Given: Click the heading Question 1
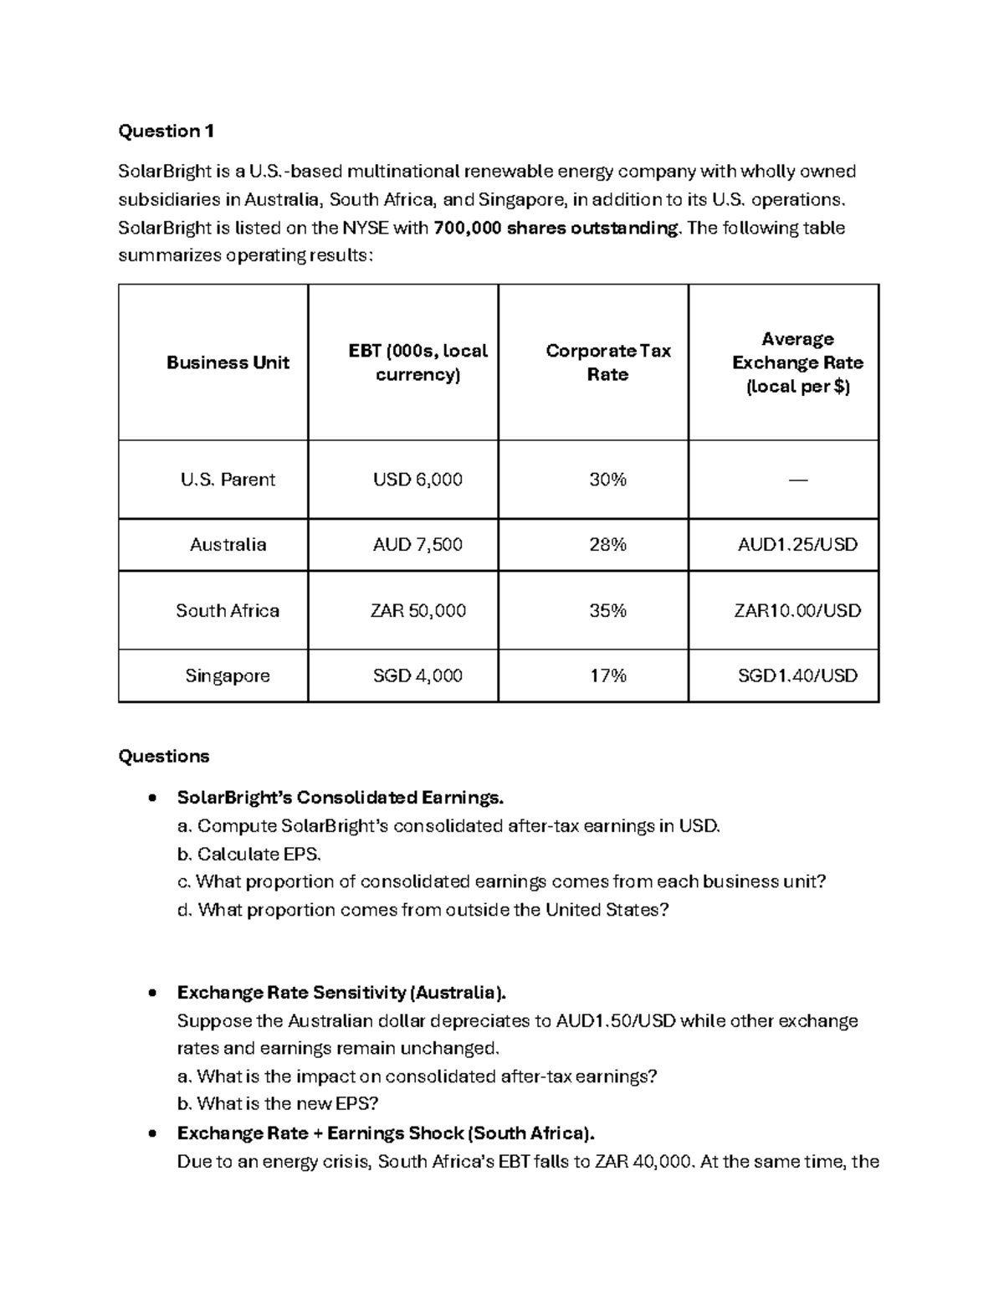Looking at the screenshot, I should [166, 131].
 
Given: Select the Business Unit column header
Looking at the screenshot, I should [228, 362].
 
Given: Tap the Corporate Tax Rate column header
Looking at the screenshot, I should [607, 362].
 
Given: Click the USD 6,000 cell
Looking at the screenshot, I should [417, 480].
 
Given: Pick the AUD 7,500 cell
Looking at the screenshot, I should [417, 545].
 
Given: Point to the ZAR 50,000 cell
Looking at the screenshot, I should [417, 610].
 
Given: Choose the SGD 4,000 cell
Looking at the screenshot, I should [417, 676].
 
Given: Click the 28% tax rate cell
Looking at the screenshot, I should [607, 545].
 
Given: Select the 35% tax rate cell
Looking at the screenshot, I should [607, 610].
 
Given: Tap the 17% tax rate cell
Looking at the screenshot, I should [607, 676].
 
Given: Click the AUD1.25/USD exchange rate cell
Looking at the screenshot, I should [797, 545].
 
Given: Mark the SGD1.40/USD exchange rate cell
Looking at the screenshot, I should [797, 676].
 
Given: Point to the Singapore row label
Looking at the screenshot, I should [228, 676].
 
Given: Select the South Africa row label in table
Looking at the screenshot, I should [228, 610].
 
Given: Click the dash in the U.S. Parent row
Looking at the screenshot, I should [797, 480].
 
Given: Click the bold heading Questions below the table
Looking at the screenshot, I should [164, 756].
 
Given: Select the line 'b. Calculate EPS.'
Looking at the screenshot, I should [249, 854].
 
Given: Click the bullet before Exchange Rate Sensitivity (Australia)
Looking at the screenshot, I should [151, 994].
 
